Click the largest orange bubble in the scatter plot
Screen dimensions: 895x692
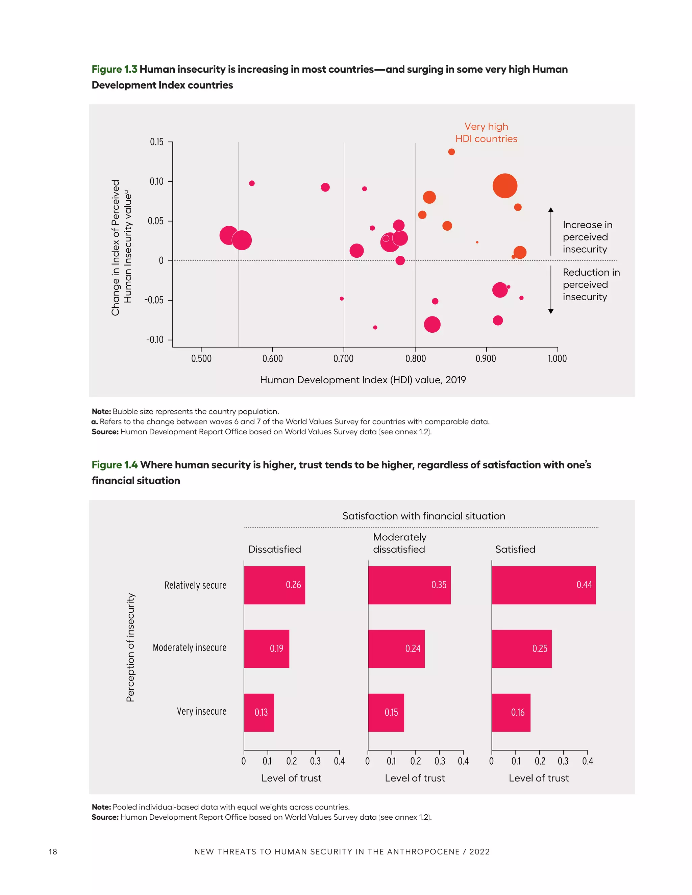pyautogui.click(x=505, y=186)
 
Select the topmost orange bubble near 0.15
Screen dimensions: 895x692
pyautogui.click(x=451, y=152)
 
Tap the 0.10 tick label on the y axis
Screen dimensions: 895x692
pyautogui.click(x=156, y=182)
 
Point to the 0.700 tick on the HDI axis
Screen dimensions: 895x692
pyautogui.click(x=344, y=359)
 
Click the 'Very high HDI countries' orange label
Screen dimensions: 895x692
pyautogui.click(x=486, y=132)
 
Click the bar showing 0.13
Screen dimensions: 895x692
pyautogui.click(x=259, y=712)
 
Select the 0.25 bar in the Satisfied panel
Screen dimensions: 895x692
pyautogui.click(x=521, y=648)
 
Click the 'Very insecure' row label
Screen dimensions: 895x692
pyautogui.click(x=201, y=711)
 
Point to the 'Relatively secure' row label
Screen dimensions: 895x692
pyautogui.click(x=195, y=585)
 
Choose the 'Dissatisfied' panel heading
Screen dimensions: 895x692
pyautogui.click(x=275, y=549)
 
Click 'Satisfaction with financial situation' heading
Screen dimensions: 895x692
pyautogui.click(x=423, y=516)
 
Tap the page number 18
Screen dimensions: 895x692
pyautogui.click(x=53, y=851)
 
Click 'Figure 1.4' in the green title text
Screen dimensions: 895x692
pyautogui.click(x=115, y=465)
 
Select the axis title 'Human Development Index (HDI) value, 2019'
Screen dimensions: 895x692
pyautogui.click(x=363, y=380)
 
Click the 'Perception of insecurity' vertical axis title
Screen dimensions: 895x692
pyautogui.click(x=130, y=647)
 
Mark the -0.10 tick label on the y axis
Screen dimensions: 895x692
pyautogui.click(x=155, y=340)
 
